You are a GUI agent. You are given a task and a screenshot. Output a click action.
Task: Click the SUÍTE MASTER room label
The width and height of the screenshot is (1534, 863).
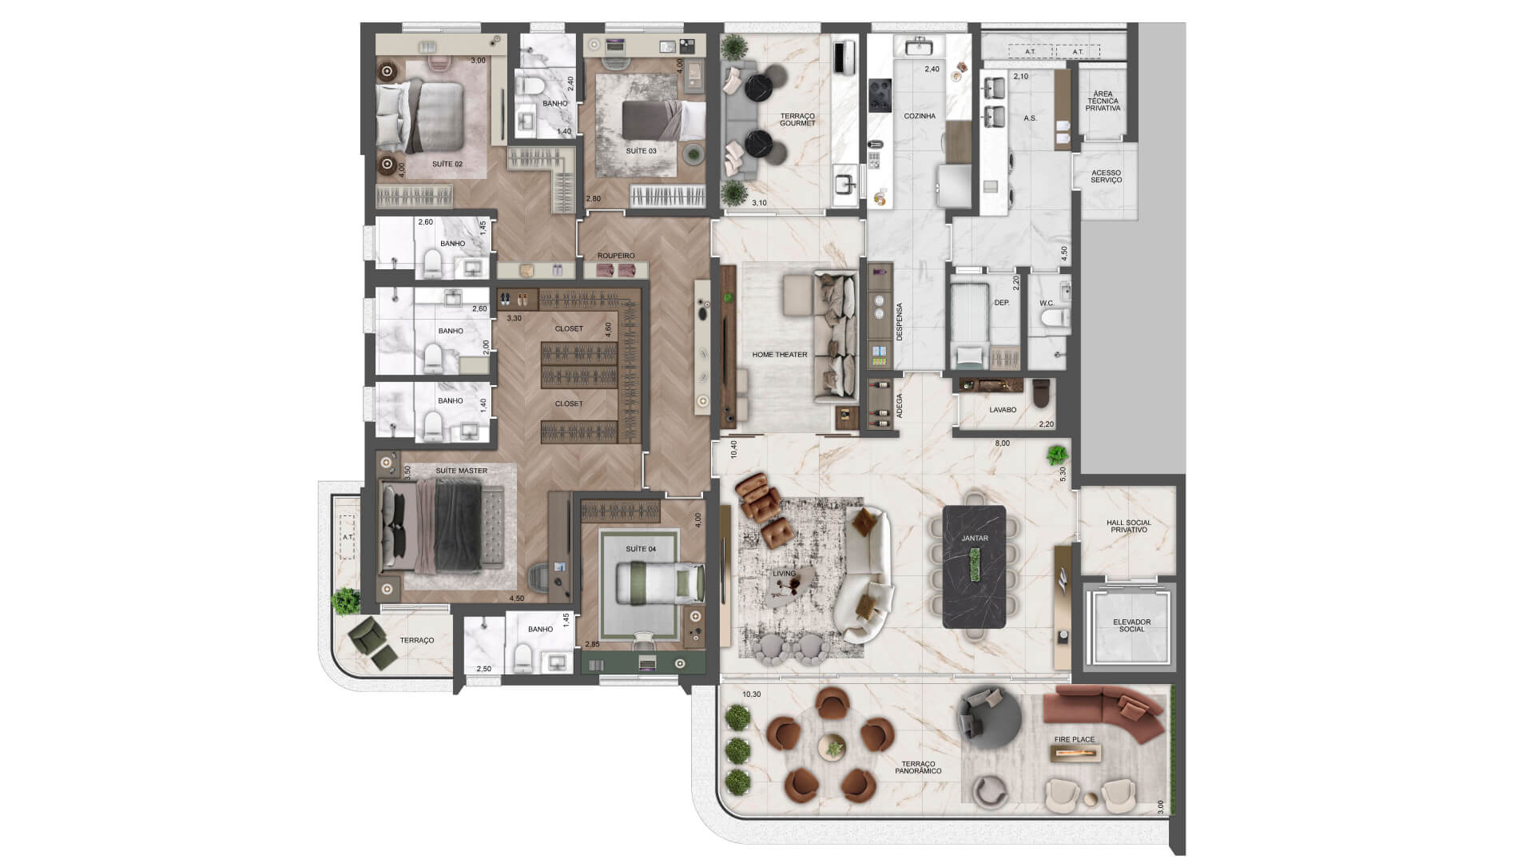461,471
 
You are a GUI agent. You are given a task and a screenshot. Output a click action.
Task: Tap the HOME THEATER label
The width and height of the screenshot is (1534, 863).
779,355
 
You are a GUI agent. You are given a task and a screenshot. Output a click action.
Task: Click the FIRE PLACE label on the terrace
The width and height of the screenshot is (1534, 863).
1074,740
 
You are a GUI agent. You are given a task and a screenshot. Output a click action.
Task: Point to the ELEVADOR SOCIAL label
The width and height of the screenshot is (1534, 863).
1131,626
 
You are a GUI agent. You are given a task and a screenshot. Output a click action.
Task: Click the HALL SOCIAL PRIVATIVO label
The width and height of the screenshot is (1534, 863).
1128,526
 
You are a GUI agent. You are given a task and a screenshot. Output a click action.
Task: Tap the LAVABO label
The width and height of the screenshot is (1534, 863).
1003,410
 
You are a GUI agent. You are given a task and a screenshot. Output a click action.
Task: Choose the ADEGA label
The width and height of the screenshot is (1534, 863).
899,406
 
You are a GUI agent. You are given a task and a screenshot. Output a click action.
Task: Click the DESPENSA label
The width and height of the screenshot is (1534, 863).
899,322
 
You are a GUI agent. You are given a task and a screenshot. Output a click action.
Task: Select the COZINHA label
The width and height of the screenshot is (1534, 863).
919,117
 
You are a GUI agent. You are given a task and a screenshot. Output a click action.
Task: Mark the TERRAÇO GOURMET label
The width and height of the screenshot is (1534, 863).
797,120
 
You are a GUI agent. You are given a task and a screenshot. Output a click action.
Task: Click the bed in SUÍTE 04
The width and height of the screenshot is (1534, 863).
659,581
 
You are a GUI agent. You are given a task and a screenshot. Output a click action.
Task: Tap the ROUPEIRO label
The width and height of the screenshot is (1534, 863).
616,256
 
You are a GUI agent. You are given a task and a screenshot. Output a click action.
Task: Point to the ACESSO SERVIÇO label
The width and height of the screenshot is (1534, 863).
1106,177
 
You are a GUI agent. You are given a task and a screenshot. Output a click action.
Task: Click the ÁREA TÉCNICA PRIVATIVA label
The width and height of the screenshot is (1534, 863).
1103,101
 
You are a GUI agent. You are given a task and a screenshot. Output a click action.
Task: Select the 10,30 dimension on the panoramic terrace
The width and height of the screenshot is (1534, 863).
751,694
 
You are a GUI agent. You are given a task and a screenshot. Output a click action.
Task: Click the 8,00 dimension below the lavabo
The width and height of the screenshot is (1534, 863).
1002,443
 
